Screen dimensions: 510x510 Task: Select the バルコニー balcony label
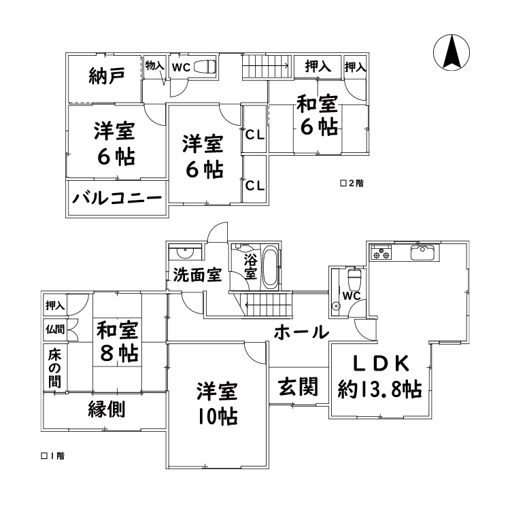117,199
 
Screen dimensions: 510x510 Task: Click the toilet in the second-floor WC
205,67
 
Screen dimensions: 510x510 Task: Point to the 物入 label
155,66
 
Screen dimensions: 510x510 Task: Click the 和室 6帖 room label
317,116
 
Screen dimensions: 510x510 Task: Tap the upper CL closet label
255,135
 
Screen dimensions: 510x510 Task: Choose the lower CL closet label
255,185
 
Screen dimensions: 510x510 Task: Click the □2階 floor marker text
351,184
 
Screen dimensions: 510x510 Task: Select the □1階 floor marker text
52,456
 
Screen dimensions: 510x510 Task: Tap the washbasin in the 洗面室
185,253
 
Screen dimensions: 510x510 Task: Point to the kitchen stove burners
381,254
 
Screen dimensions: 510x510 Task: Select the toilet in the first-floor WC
353,279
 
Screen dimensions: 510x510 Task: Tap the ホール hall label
301,332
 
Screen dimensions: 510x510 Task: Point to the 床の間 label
54,367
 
